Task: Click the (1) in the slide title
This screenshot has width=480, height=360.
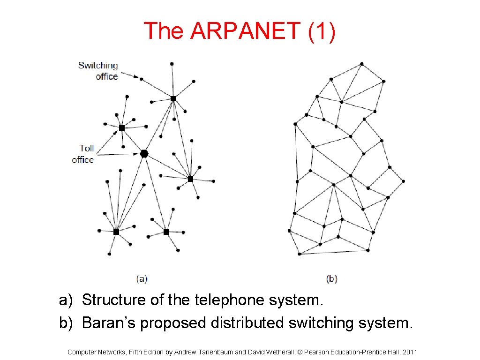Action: click(322, 31)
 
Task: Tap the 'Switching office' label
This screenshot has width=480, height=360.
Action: click(98, 70)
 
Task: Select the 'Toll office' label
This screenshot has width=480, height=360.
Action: click(83, 154)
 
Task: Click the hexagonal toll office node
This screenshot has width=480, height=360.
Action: click(144, 153)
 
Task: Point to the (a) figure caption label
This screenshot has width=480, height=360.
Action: click(142, 279)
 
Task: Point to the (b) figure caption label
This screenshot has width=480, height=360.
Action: click(332, 279)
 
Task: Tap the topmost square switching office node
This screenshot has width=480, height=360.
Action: click(173, 98)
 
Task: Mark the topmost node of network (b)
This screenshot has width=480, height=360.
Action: click(361, 64)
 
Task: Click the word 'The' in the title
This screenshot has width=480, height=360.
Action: click(164, 31)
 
